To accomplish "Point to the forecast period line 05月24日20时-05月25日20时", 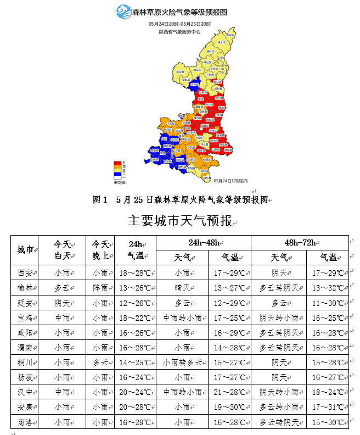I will pos(179,24).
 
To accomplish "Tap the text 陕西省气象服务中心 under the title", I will pos(179,32).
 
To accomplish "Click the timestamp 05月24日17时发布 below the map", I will pos(231,181).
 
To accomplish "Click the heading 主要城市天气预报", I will pos(180,221).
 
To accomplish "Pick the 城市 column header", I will pos(26,250).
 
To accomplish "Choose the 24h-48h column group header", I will pos(204,243).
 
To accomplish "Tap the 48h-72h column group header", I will pos(299,243).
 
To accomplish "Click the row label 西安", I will pos(26,272).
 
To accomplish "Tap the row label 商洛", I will pos(26,422).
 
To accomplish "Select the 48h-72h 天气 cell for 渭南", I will pos(279,348).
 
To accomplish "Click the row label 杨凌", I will pos(26,377).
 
